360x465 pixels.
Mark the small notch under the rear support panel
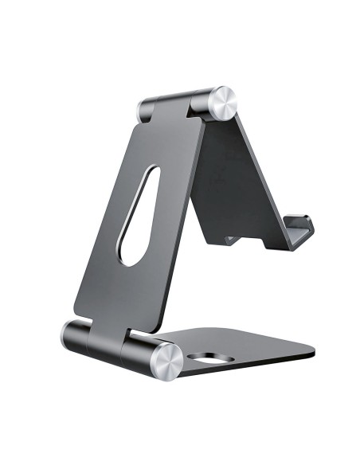(x=231, y=239)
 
